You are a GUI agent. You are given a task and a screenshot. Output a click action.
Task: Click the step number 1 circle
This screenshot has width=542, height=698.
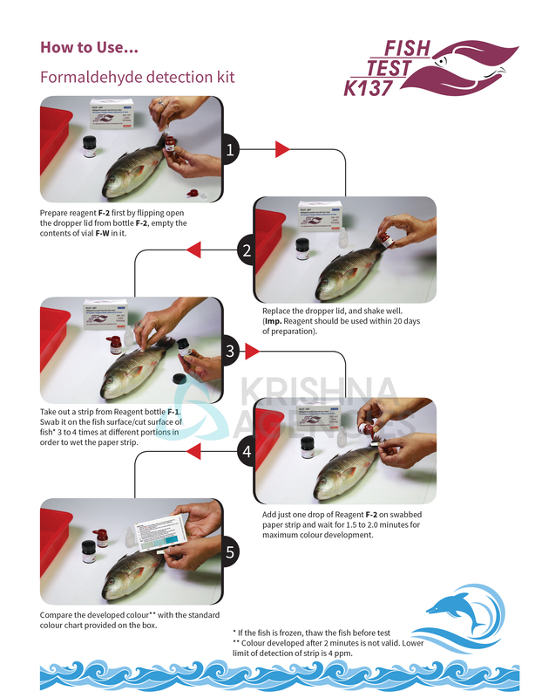[x=230, y=150]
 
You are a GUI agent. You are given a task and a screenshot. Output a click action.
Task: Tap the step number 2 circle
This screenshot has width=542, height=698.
[x=247, y=251]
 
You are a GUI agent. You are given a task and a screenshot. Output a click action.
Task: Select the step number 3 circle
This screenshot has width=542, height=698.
[x=230, y=352]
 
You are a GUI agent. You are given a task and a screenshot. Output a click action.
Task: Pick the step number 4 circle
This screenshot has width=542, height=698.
[x=247, y=451]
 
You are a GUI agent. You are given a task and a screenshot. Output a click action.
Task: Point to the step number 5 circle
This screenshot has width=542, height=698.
[x=230, y=551]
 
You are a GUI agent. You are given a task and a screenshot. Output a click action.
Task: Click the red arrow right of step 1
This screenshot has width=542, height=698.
[x=281, y=150]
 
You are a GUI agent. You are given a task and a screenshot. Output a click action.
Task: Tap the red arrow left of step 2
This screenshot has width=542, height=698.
[x=194, y=251]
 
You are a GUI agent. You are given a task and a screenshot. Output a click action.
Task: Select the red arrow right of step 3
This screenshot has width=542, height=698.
[x=253, y=352]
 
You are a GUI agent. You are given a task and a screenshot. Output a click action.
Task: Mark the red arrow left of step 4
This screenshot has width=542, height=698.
[x=194, y=451]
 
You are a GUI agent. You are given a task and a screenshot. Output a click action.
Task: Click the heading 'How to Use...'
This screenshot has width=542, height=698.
[x=89, y=47]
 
